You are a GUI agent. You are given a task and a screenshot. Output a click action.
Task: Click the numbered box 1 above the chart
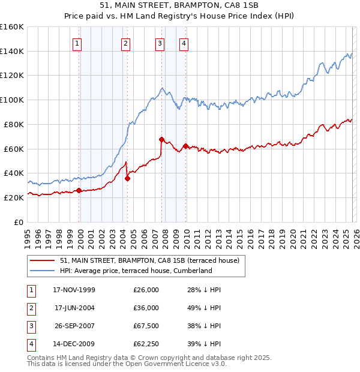pyautogui.click(x=79, y=43)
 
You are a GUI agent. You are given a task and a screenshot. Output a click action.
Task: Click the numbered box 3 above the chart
pyautogui.click(x=160, y=43)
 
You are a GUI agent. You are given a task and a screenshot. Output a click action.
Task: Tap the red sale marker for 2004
pyautogui.click(x=127, y=178)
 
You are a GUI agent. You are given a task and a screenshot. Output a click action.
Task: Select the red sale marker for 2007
pyautogui.click(x=161, y=139)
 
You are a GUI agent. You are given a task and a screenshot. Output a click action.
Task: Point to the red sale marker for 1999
pyautogui.click(x=79, y=190)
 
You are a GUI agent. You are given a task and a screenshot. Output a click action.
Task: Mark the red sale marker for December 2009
pyautogui.click(x=185, y=146)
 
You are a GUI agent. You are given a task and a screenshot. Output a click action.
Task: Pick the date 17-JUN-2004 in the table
pyautogui.click(x=74, y=308)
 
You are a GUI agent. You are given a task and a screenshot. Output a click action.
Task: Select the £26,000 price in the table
pyautogui.click(x=146, y=290)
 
